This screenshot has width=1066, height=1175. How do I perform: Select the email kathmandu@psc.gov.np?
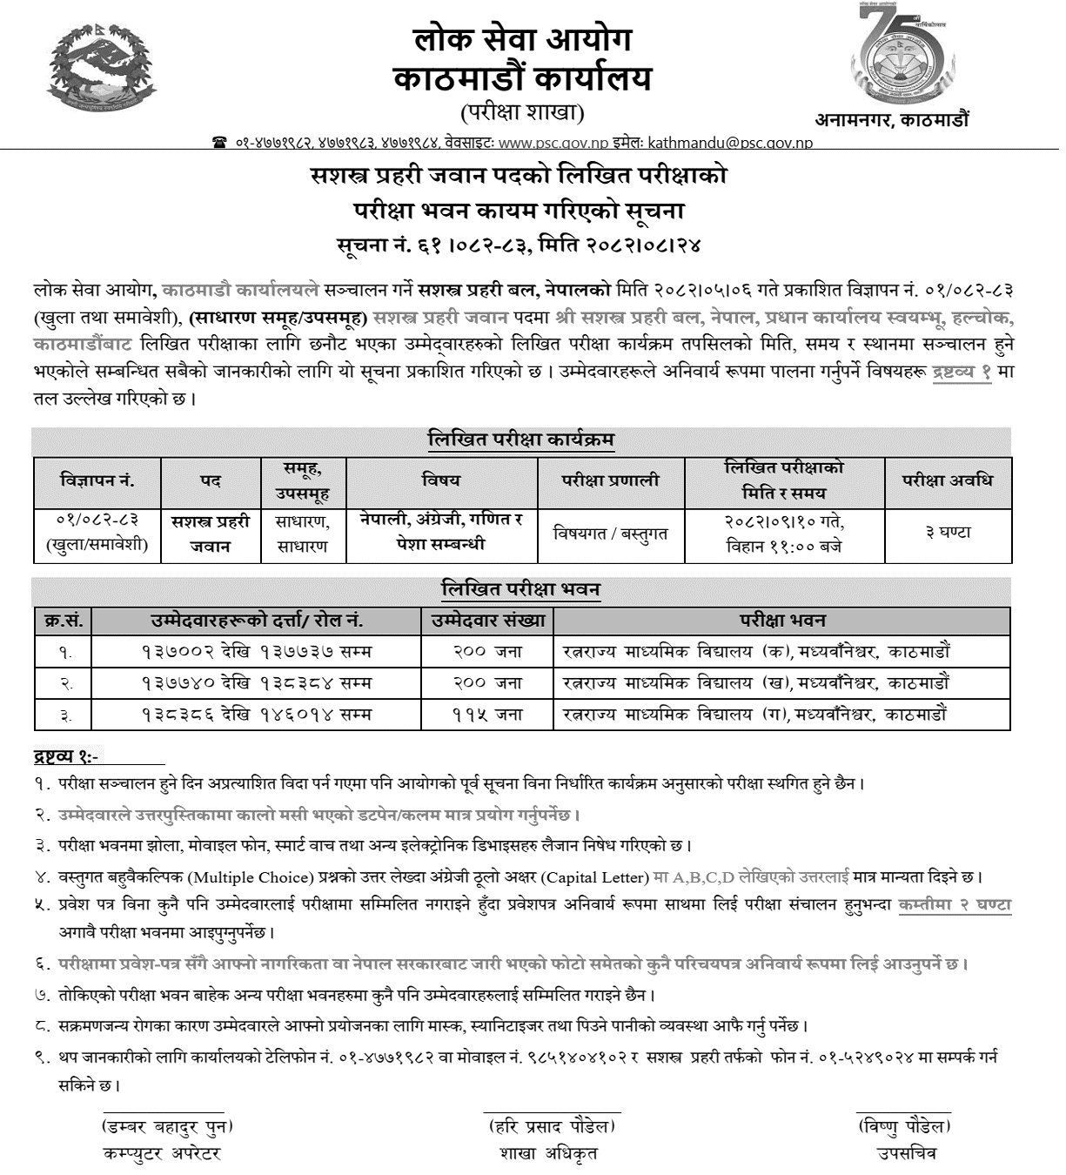click(737, 142)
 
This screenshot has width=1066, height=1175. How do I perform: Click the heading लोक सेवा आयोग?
click(522, 40)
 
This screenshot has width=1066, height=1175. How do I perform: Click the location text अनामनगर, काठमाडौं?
click(891, 120)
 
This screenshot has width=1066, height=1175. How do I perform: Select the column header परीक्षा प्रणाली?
click(610, 480)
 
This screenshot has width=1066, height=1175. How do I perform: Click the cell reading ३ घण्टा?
click(948, 533)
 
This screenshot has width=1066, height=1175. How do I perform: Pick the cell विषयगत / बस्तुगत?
click(610, 534)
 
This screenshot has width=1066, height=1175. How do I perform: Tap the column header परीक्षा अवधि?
click(948, 480)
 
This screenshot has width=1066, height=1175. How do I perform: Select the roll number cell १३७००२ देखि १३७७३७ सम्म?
click(257, 651)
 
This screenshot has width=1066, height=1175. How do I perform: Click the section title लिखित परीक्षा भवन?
click(520, 589)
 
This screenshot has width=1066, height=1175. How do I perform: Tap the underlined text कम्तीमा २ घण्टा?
click(955, 904)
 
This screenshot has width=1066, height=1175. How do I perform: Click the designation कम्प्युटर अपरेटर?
click(162, 1153)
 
